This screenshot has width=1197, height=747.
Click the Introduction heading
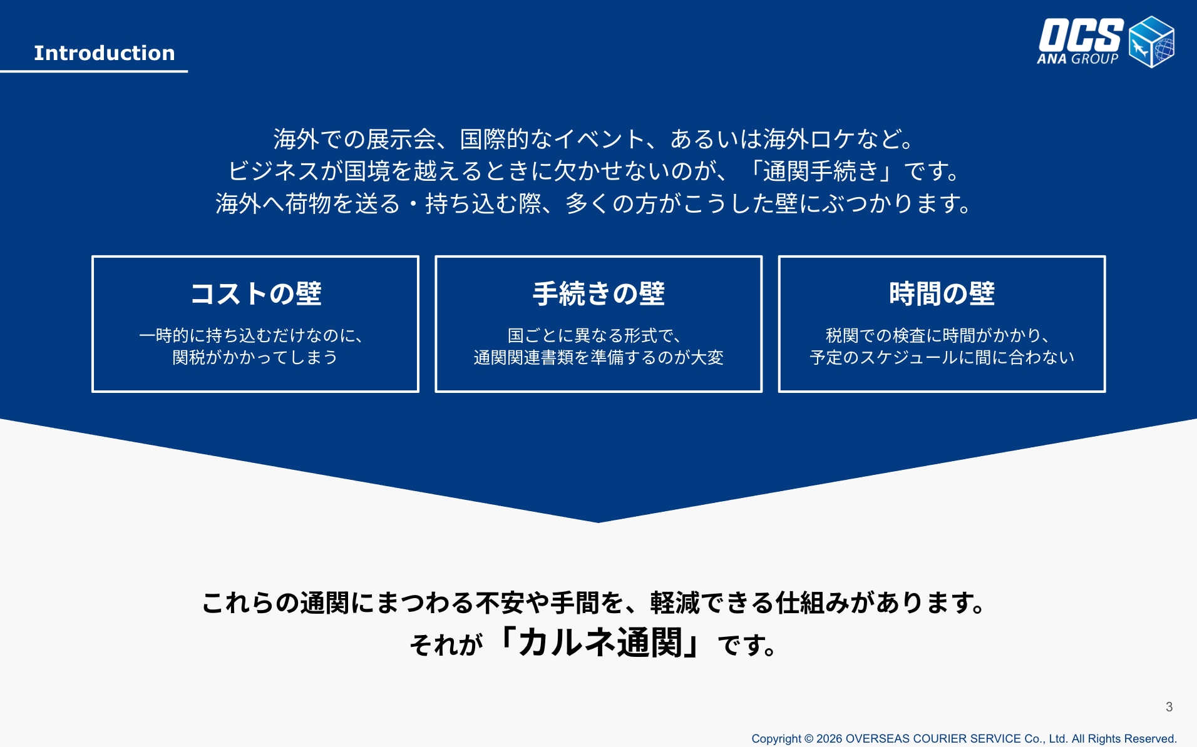(x=105, y=53)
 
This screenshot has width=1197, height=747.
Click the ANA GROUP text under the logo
(x=1077, y=59)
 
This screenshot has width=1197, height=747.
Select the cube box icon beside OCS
(x=1151, y=41)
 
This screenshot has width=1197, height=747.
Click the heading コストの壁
(x=255, y=293)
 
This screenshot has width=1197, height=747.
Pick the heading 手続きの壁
(x=598, y=293)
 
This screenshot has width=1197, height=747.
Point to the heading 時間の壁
(x=942, y=293)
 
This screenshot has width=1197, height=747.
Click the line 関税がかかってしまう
(x=255, y=357)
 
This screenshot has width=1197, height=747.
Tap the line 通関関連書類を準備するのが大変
(x=598, y=357)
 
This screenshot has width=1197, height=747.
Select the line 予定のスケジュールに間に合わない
(x=942, y=357)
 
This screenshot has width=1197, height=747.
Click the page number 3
(x=1169, y=707)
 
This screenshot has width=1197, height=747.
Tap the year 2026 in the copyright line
(x=829, y=739)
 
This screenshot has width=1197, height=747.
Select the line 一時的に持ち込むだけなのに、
(x=251, y=336)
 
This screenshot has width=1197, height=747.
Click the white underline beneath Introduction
(x=94, y=71)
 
